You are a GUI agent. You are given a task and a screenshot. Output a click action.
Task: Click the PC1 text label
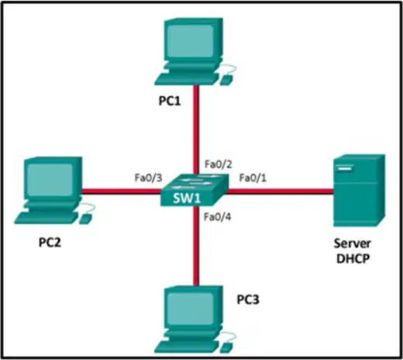click(x=170, y=101)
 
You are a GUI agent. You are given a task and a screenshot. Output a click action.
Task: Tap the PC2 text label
click(x=50, y=243)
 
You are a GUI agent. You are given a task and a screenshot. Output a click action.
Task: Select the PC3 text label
click(x=248, y=299)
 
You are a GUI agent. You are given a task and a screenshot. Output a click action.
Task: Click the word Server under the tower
click(x=353, y=244)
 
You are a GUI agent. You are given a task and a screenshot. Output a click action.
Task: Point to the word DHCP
click(x=353, y=258)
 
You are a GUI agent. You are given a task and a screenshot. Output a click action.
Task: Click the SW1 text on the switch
click(x=187, y=199)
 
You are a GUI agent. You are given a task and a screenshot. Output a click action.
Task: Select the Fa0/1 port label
click(x=253, y=178)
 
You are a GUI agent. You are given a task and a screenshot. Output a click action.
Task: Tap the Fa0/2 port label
click(x=219, y=164)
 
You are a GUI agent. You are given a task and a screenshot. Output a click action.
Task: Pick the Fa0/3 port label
click(x=149, y=178)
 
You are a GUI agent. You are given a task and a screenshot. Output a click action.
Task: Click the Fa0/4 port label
click(x=217, y=216)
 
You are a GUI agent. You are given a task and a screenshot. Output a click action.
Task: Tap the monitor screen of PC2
click(x=50, y=179)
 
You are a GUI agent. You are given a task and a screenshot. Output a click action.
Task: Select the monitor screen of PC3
click(x=191, y=308)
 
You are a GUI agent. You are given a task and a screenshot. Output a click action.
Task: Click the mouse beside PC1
click(x=226, y=79)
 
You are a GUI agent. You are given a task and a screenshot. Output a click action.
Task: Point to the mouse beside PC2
click(x=85, y=219)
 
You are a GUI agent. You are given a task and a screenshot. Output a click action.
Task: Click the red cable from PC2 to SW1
click(x=122, y=192)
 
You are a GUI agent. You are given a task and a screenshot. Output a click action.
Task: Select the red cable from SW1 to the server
click(x=280, y=192)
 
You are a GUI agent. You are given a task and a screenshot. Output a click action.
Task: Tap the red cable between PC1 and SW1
click(x=196, y=130)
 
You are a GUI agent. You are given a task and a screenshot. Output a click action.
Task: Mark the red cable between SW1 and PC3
click(x=196, y=246)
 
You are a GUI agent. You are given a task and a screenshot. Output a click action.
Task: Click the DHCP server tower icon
click(x=359, y=191)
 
